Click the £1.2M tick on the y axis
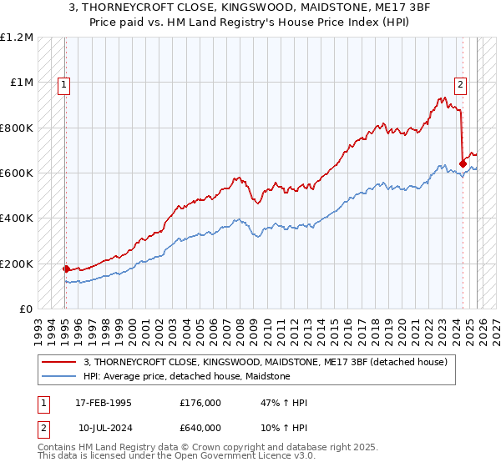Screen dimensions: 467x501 pyautogui.click(x=18, y=38)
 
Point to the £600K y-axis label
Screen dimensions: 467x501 pyautogui.click(x=18, y=173)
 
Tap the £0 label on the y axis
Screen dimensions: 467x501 pyautogui.click(x=26, y=309)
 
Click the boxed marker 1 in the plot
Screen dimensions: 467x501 pyautogui.click(x=64, y=83)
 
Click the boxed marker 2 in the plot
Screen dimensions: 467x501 pyautogui.click(x=460, y=83)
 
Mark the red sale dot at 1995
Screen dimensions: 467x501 pyautogui.click(x=66, y=269)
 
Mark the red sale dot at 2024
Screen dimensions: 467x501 pyautogui.click(x=463, y=163)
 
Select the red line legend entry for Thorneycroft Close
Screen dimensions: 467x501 pyautogui.click(x=266, y=361)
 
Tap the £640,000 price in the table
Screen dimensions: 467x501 pyautogui.click(x=200, y=429)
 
